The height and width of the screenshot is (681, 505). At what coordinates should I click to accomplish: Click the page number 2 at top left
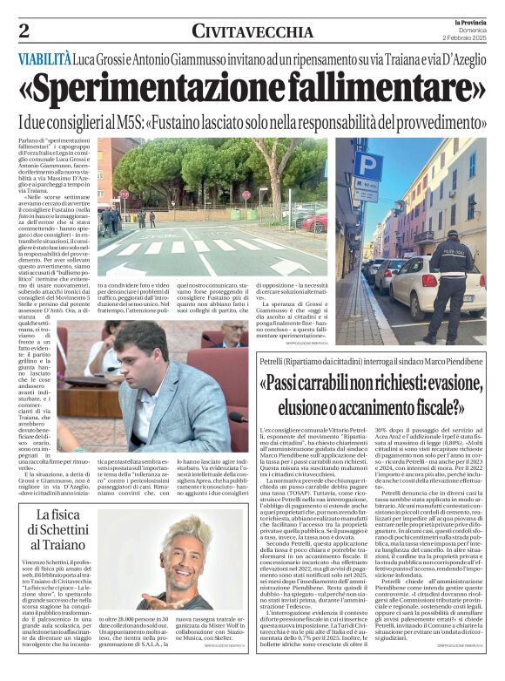24,31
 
